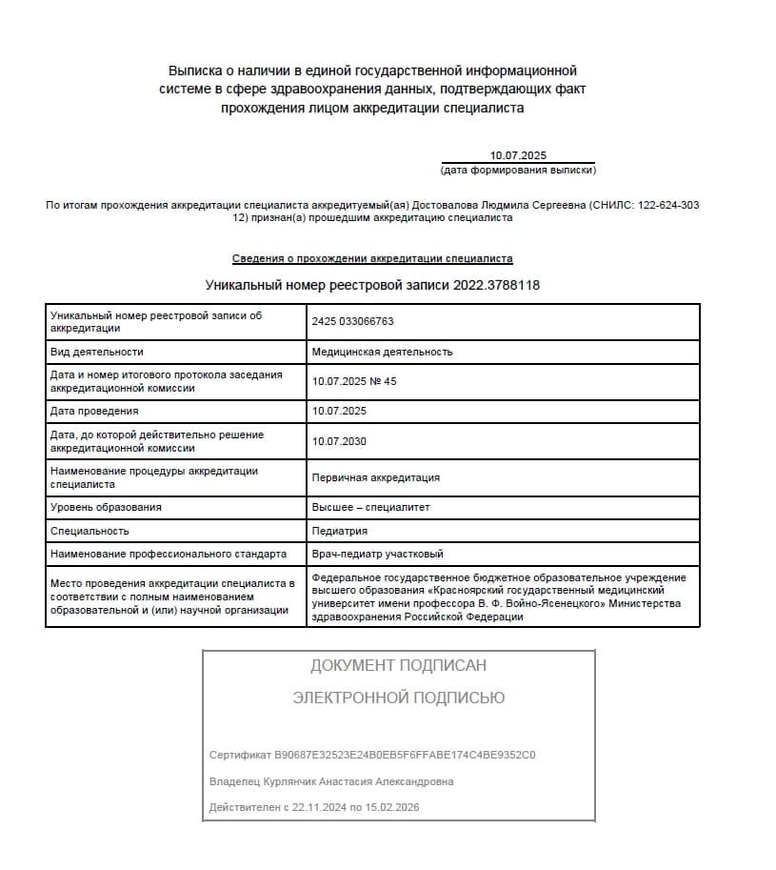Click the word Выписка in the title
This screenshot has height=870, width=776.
(x=196, y=71)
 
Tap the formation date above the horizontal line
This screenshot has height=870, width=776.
(x=518, y=155)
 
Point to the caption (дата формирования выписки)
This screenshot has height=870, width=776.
(x=518, y=171)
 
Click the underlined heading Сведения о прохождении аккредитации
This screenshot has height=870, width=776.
(x=372, y=258)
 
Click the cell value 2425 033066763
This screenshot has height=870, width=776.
(x=352, y=322)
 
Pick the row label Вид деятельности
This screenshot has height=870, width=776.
(x=96, y=352)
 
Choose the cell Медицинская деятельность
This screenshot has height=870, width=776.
(x=382, y=352)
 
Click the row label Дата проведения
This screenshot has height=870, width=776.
(x=94, y=411)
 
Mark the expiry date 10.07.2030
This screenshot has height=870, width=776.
(x=339, y=441)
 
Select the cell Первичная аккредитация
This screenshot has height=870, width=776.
(x=376, y=477)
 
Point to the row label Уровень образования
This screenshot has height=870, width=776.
(x=106, y=507)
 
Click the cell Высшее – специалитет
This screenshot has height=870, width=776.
(x=370, y=507)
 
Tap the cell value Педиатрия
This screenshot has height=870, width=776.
(x=339, y=531)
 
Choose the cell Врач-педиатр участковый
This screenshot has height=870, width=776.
(x=377, y=554)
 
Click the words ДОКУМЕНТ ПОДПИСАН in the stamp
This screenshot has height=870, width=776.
(x=398, y=665)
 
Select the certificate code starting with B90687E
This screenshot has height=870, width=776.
(x=405, y=755)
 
